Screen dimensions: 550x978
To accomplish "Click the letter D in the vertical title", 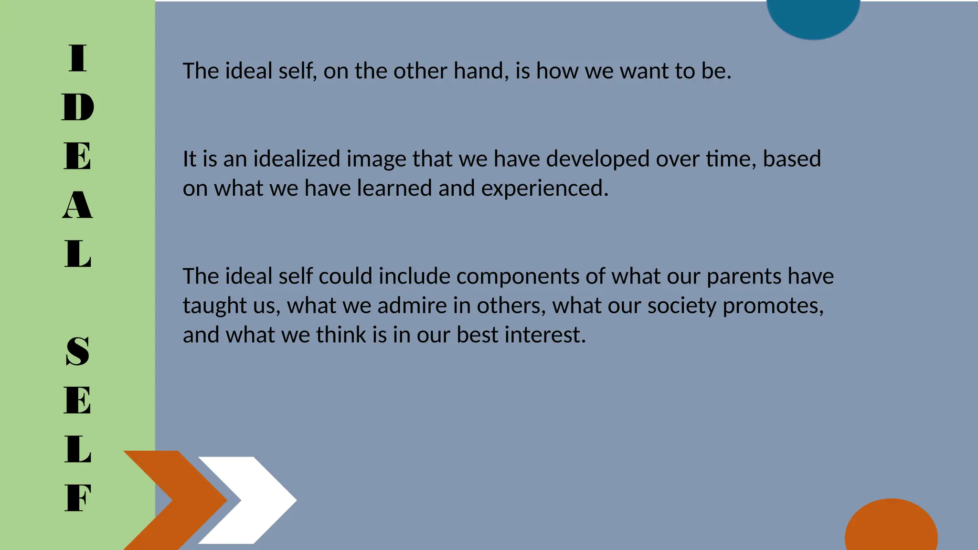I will (x=78, y=107).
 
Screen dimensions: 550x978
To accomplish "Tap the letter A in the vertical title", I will (x=77, y=205).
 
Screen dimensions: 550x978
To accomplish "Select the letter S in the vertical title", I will (x=77, y=351).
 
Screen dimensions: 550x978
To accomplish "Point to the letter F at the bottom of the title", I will (x=77, y=498).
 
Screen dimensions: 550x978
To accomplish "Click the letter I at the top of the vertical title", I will (x=78, y=58).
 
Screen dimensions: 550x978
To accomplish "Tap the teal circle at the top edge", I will (x=813, y=17).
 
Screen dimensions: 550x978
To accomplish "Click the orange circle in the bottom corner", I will (x=891, y=528).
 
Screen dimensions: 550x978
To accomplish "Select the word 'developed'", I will (x=597, y=159).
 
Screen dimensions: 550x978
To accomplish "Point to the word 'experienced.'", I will (x=545, y=189).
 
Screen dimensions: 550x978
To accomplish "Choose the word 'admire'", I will (x=412, y=306).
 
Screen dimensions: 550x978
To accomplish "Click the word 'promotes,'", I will (x=773, y=306).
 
